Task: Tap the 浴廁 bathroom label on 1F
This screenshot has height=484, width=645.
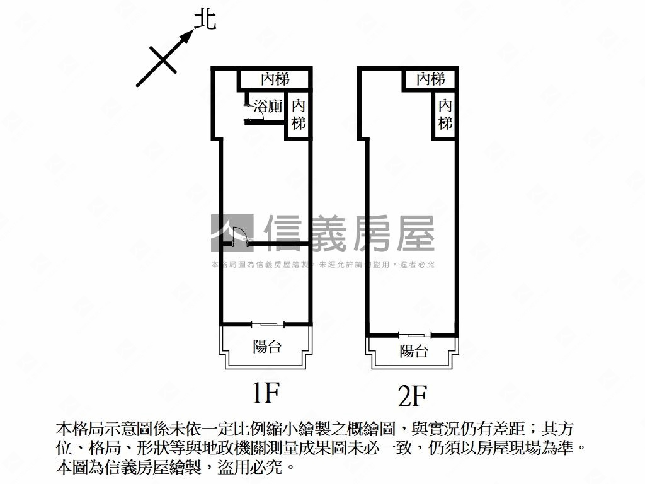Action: [x=267, y=106]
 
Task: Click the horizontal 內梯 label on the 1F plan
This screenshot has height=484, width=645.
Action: [x=275, y=79]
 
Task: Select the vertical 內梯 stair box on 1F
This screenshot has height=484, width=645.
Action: [x=298, y=114]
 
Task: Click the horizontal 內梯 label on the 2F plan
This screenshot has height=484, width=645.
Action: [x=431, y=79]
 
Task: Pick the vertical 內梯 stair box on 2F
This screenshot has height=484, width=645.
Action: [x=445, y=114]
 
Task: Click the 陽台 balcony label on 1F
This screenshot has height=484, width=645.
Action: [x=266, y=346]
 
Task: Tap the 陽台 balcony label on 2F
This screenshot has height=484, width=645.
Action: [x=414, y=351]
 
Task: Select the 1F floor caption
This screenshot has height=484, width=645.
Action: [x=265, y=393]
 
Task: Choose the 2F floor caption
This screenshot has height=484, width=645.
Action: [x=413, y=396]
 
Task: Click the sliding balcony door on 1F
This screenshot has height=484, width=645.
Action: [x=267, y=324]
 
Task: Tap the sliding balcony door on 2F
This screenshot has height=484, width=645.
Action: [x=414, y=334]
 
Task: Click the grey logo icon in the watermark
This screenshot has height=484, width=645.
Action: [x=231, y=233]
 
